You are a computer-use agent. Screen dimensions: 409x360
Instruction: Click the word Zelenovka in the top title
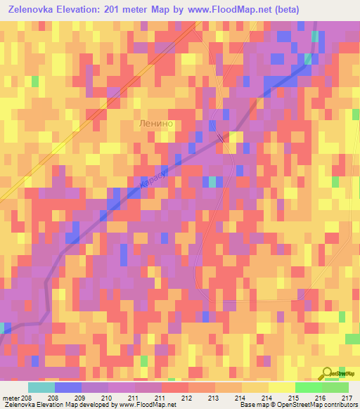(x=34, y=10)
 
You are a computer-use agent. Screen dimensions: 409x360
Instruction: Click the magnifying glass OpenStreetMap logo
(x=327, y=373)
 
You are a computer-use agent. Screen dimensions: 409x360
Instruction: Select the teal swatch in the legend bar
(x=41, y=387)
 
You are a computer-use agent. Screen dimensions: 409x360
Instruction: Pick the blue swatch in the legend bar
(x=68, y=387)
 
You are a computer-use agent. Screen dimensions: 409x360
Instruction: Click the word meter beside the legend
(x=10, y=398)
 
